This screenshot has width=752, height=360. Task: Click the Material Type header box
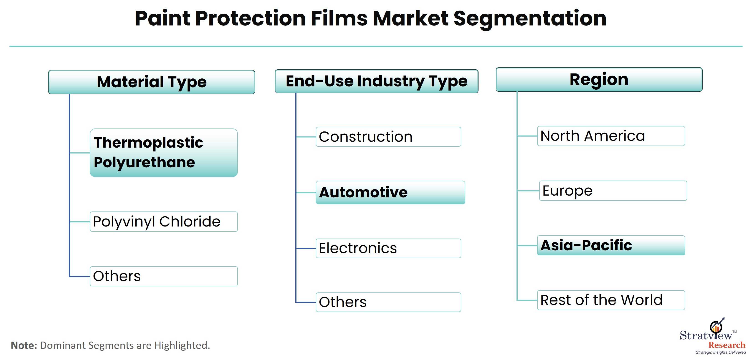click(x=152, y=82)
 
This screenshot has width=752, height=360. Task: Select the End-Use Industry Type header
click(x=377, y=81)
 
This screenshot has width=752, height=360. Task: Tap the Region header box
click(x=599, y=79)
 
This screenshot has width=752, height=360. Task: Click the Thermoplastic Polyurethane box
click(x=164, y=153)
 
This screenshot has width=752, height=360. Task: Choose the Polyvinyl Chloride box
click(x=164, y=222)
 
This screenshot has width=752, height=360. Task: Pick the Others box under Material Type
click(x=164, y=276)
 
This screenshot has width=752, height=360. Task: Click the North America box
click(x=611, y=136)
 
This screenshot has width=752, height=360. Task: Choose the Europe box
click(x=613, y=191)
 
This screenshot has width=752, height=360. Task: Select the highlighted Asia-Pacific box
click(x=611, y=245)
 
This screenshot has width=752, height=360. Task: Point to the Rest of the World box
click(x=611, y=300)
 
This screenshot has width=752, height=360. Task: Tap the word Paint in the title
click(x=163, y=18)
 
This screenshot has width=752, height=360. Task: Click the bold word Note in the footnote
click(x=24, y=345)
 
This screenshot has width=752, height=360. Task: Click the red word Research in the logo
click(x=727, y=345)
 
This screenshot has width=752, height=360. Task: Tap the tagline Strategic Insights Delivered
click(x=721, y=352)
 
